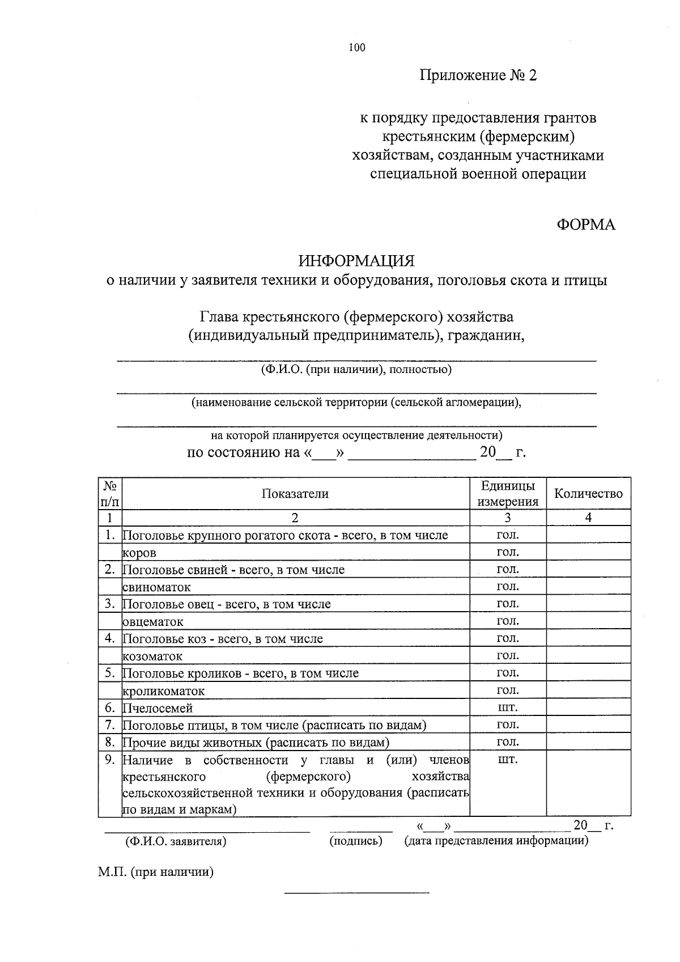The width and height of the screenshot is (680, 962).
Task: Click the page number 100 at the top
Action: (x=357, y=48)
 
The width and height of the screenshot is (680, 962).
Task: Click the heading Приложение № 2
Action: (x=478, y=75)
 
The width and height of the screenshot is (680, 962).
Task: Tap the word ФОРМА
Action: (x=586, y=225)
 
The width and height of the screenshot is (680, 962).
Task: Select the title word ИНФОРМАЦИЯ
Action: (x=357, y=261)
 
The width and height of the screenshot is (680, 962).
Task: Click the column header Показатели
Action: (x=295, y=494)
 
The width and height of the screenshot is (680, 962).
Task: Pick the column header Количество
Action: (x=588, y=494)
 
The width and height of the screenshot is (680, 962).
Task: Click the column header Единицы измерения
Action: (x=507, y=494)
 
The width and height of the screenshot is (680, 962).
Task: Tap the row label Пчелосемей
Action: (x=158, y=709)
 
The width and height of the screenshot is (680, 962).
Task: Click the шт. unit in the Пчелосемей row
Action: (x=507, y=707)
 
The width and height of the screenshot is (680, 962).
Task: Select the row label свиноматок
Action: (x=157, y=587)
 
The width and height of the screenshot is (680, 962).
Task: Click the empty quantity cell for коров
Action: (x=588, y=552)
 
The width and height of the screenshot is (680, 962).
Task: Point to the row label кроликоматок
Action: (x=164, y=692)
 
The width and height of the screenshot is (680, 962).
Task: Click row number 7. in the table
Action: (x=110, y=725)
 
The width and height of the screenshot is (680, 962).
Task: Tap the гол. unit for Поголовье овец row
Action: (x=507, y=604)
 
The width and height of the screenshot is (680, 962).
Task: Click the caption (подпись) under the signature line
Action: (x=356, y=841)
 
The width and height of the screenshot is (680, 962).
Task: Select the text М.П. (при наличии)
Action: (x=155, y=872)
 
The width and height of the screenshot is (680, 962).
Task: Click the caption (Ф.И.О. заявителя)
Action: (x=176, y=842)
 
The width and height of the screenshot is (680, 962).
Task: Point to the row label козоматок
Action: (x=153, y=656)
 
